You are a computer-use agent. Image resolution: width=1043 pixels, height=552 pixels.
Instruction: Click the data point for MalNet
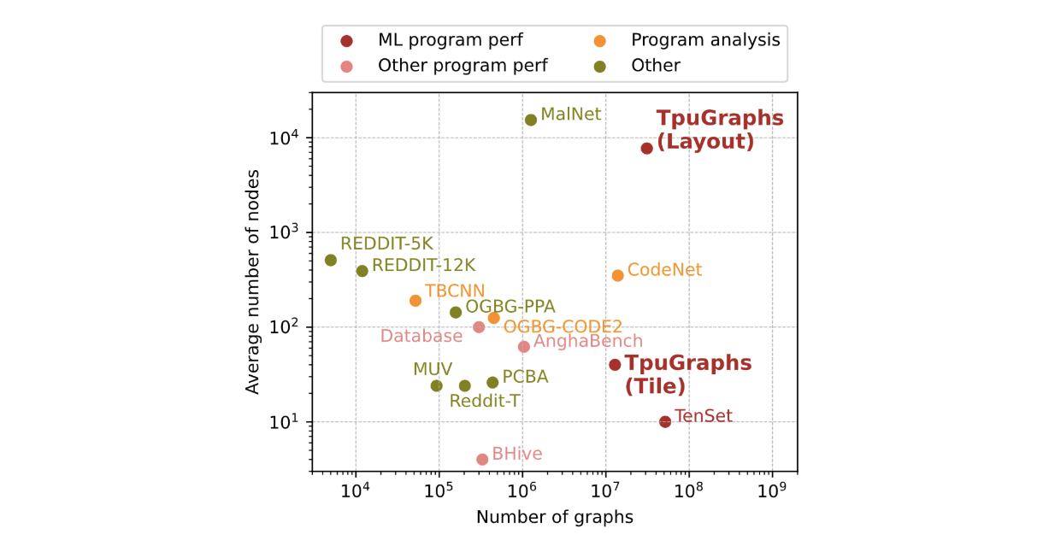[x=531, y=120]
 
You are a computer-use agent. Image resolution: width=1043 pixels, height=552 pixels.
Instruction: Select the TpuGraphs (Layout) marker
[x=647, y=148]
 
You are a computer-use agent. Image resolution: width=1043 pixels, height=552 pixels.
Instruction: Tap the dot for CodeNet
[x=618, y=275]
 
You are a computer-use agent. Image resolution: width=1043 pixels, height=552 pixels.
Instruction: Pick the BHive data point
[x=482, y=459]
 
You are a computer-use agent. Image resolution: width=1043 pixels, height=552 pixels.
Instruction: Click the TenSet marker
[x=665, y=421]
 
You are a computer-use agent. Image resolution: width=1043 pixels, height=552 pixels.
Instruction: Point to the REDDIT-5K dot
[x=331, y=260]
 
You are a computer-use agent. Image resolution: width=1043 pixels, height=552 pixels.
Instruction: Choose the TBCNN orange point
[x=415, y=300]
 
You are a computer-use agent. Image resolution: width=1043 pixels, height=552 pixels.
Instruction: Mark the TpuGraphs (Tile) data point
[x=615, y=365]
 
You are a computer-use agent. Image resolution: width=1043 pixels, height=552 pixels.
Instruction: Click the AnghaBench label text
[x=588, y=343]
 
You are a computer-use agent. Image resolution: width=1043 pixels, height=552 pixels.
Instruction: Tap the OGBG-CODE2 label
[x=563, y=326]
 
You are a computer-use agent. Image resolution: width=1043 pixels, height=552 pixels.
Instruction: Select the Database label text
[x=421, y=336]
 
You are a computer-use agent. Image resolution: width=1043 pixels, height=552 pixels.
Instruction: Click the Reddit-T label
[x=485, y=400]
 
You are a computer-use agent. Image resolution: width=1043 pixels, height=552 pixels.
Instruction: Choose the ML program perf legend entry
[x=451, y=39]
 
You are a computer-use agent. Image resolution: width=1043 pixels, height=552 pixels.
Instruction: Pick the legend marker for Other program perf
[x=346, y=66]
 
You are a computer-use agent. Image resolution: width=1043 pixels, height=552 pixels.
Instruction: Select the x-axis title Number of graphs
[x=555, y=517]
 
